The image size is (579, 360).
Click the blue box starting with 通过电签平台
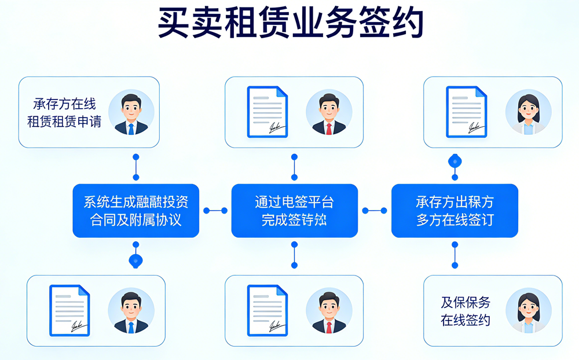(x=294, y=211)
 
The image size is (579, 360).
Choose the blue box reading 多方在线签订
(x=455, y=211)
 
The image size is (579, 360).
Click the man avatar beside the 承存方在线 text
(x=131, y=112)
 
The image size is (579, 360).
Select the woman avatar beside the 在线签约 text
(x=528, y=311)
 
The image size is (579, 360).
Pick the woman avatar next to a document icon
(x=528, y=112)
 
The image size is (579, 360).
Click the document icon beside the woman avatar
(x=466, y=112)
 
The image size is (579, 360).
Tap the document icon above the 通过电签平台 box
(x=267, y=112)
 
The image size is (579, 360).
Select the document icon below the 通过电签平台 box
(x=267, y=311)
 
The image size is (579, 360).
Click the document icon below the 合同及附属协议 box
(x=69, y=311)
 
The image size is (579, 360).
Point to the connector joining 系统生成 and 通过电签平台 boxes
(x=215, y=211)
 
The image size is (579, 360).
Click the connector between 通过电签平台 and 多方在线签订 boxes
(x=374, y=211)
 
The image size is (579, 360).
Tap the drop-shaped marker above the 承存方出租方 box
(x=455, y=161)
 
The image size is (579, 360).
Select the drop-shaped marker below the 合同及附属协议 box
(x=135, y=260)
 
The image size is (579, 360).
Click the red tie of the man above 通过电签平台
(x=329, y=128)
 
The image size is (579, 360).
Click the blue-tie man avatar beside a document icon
(x=131, y=311)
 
